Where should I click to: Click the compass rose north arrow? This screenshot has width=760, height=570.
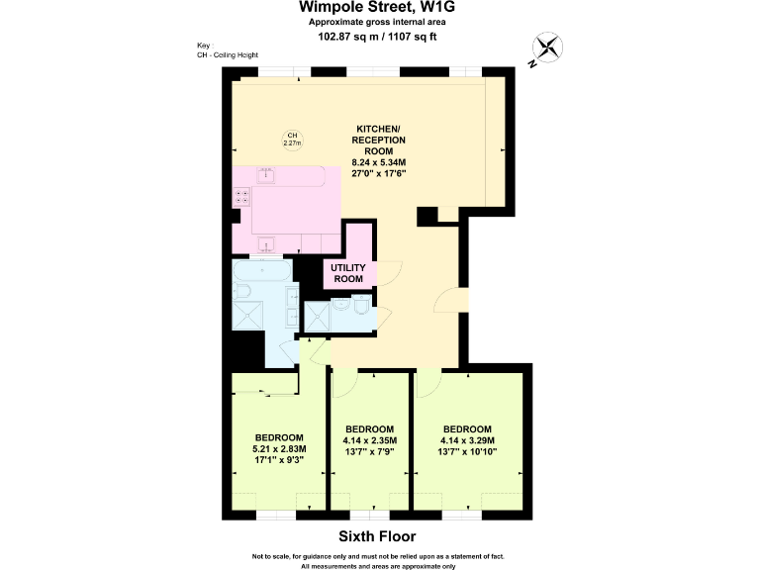point(547,47)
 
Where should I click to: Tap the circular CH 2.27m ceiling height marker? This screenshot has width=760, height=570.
point(292,140)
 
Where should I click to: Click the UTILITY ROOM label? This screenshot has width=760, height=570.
point(347,273)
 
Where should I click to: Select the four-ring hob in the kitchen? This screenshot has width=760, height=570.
point(241,197)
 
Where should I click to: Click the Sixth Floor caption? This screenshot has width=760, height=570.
point(379,538)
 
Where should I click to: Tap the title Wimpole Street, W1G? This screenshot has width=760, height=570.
point(378,7)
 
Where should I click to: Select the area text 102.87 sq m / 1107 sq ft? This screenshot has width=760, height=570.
point(378,37)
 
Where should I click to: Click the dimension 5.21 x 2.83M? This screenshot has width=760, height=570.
point(279,448)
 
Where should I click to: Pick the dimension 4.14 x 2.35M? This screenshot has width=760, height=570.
point(370,440)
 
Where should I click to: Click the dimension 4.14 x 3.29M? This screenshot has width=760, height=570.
point(468,440)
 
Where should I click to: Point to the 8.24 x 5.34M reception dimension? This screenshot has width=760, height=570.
point(379,161)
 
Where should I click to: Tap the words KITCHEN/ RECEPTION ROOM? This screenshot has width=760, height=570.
point(379,141)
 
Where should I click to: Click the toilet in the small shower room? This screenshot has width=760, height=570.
point(362,313)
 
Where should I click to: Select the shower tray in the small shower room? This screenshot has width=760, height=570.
point(320,316)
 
